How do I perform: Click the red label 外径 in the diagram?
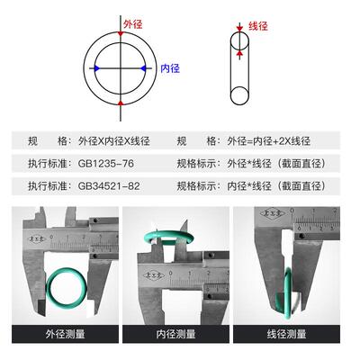click(132, 26)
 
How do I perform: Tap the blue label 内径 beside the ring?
click(170, 67)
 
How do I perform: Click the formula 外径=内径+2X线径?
click(269, 142)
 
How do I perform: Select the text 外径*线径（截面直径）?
click(275, 164)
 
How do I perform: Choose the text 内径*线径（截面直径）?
click(275, 186)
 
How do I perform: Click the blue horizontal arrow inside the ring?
click(118, 67)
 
